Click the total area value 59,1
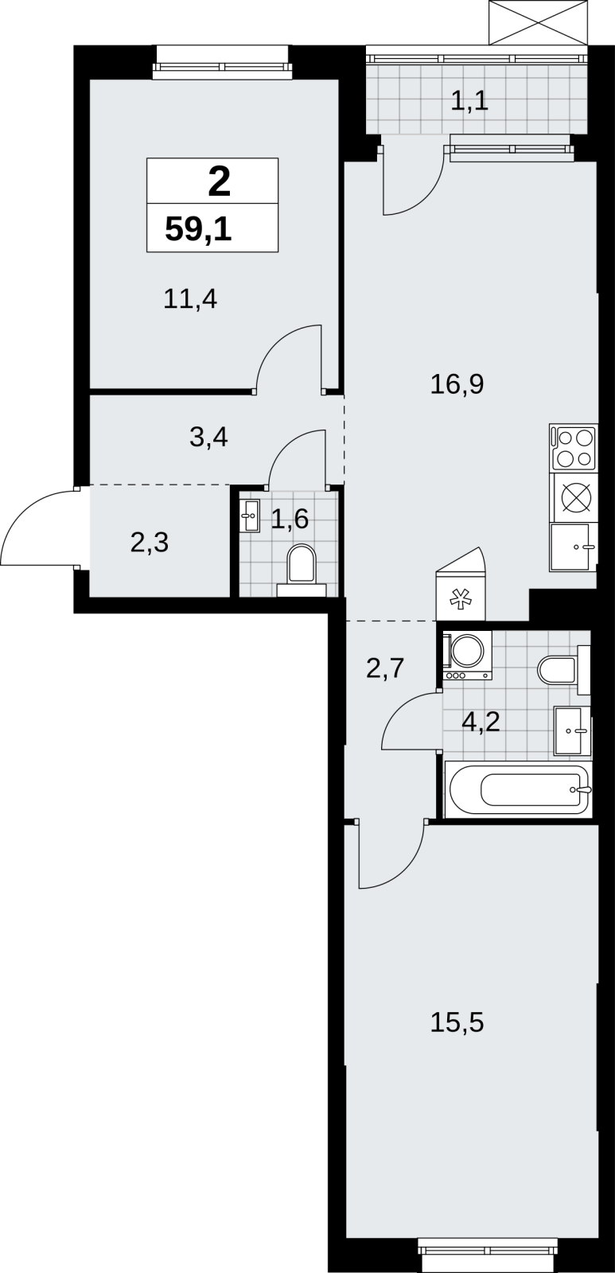(198, 230)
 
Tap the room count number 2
(220, 182)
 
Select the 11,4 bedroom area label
(190, 298)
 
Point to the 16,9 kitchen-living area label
(457, 384)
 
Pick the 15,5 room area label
(457, 1022)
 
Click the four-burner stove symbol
(574, 448)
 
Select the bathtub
(519, 789)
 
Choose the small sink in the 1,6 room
(249, 516)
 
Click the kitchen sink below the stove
(573, 547)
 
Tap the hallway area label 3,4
(208, 437)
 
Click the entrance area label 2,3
(150, 543)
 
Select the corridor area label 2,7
(385, 668)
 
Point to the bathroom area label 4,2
(481, 722)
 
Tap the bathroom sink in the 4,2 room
(572, 731)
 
